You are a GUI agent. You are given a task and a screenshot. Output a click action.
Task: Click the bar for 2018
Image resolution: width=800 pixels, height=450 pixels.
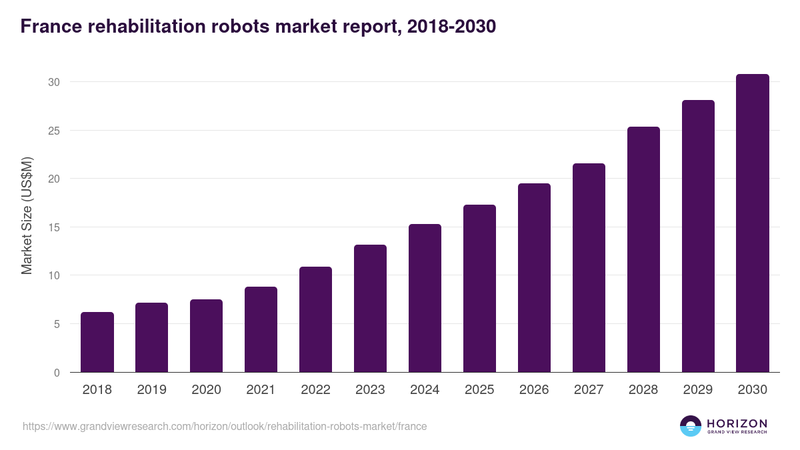pyautogui.click(x=97, y=342)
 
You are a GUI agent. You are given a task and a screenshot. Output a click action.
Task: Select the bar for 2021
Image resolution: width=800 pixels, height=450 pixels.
pyautogui.click(x=261, y=329)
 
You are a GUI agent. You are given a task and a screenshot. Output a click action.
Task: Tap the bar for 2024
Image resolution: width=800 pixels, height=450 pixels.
pyautogui.click(x=425, y=298)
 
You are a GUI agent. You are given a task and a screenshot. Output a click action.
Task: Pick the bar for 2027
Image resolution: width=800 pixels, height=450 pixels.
pyautogui.click(x=589, y=267)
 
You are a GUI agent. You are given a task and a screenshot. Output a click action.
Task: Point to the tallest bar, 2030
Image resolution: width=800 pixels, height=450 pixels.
pyautogui.click(x=753, y=223)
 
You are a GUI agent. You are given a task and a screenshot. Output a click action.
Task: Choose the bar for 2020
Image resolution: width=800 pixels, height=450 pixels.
pyautogui.click(x=206, y=336)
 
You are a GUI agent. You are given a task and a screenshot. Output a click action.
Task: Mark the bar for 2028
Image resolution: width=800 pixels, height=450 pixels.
pyautogui.click(x=643, y=249)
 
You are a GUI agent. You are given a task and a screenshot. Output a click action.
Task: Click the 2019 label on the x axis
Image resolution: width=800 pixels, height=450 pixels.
pyautogui.click(x=152, y=390)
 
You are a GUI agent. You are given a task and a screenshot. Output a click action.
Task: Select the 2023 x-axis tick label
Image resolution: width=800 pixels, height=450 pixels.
pyautogui.click(x=370, y=390)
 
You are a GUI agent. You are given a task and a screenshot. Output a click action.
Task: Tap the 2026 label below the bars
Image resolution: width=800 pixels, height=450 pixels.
pyautogui.click(x=534, y=390)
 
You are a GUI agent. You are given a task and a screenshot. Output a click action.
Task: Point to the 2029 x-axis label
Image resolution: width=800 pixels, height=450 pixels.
pyautogui.click(x=698, y=390)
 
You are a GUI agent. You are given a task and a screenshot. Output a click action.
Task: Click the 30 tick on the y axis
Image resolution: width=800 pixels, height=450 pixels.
pyautogui.click(x=54, y=82)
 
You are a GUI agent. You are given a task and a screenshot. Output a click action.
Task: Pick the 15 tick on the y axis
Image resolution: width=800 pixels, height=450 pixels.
pyautogui.click(x=54, y=227)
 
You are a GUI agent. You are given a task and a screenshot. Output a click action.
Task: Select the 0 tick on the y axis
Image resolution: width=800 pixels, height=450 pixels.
pyautogui.click(x=57, y=373)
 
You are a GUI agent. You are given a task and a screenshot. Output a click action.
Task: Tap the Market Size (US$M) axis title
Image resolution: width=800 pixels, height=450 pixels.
pyautogui.click(x=27, y=215)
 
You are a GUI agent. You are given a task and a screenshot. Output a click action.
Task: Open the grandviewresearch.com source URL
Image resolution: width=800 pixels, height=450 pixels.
pyautogui.click(x=225, y=426)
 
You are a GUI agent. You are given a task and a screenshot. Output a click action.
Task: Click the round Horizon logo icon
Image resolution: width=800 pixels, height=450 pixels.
pyautogui.click(x=691, y=426)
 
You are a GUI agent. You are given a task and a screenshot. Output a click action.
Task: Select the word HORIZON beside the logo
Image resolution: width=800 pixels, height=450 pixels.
pyautogui.click(x=737, y=423)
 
